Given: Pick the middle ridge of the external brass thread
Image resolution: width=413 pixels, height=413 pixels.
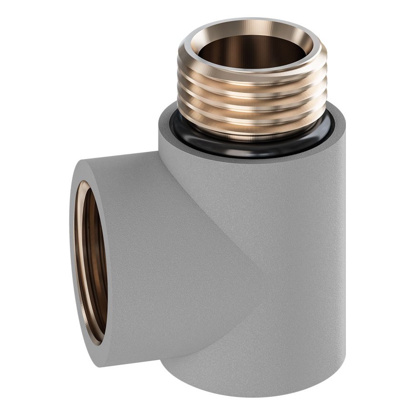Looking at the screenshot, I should [252, 102].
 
